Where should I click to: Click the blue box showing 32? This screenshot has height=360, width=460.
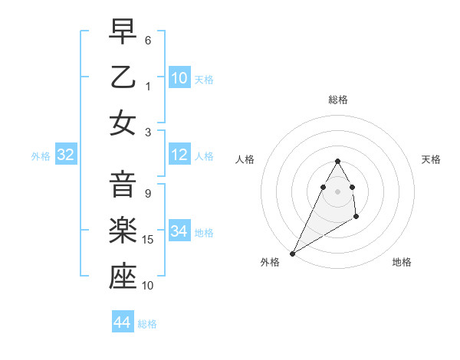click(x=65, y=155)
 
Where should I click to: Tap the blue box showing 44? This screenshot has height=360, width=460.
click(x=123, y=323)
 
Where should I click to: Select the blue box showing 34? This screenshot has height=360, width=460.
click(x=179, y=231)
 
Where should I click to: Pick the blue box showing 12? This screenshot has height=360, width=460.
click(x=179, y=155)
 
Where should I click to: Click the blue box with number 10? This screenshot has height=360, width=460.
click(x=179, y=78)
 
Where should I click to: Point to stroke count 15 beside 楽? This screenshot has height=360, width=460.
click(x=149, y=240)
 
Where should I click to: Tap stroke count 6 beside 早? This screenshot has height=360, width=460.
click(x=148, y=39)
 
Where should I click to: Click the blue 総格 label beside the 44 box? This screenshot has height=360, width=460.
click(x=147, y=324)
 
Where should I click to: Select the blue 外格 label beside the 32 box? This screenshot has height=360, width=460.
click(x=41, y=156)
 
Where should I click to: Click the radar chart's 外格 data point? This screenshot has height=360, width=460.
click(x=293, y=253)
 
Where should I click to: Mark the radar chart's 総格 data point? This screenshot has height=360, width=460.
click(x=337, y=161)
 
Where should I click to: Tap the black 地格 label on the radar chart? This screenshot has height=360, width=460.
click(x=402, y=262)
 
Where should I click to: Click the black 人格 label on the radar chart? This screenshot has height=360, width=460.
click(x=245, y=159)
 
